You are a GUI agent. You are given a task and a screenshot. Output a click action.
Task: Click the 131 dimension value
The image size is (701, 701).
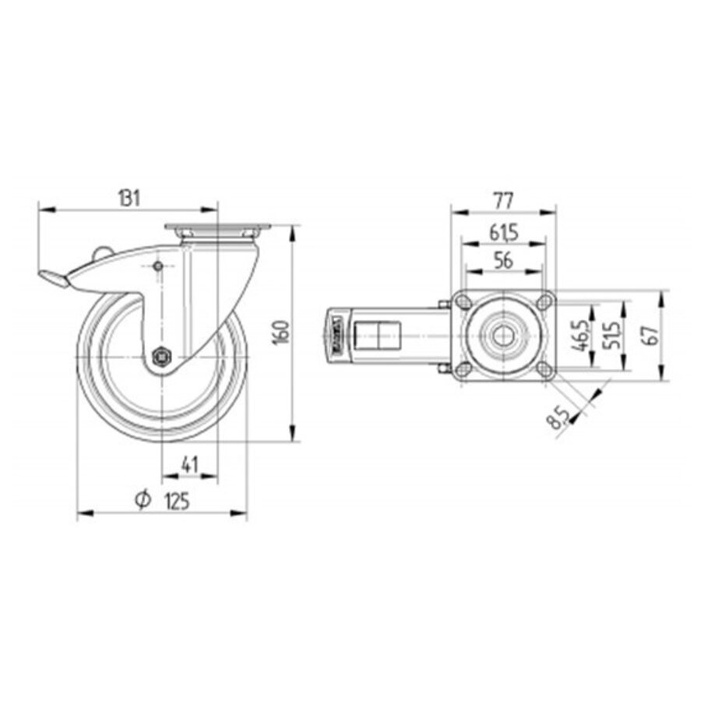129,199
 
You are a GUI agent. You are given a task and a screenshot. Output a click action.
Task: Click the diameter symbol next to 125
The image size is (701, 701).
142,501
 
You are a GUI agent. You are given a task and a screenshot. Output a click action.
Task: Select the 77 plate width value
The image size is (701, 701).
504,200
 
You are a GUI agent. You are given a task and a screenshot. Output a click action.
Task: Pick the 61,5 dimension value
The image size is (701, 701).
504,232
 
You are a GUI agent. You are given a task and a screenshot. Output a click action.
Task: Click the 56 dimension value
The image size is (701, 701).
504,261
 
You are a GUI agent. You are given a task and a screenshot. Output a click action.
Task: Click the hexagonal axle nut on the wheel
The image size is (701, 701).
162,358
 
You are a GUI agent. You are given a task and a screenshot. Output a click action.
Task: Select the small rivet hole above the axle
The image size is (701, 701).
158,267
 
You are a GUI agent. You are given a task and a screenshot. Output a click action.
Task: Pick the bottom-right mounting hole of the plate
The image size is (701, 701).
545,371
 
